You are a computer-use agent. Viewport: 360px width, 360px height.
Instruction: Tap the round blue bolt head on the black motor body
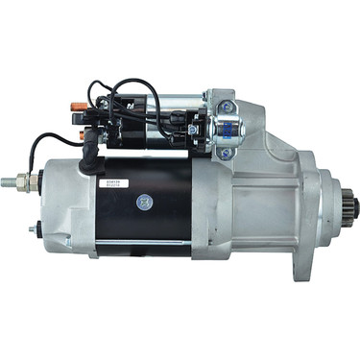(144, 202)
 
